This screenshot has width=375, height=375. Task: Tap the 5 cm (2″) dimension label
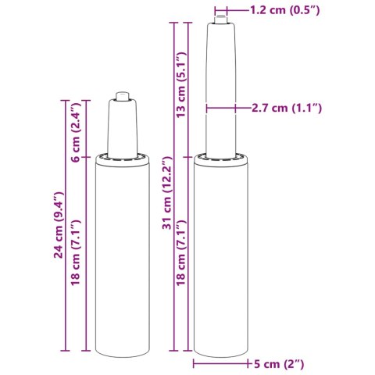[279, 364]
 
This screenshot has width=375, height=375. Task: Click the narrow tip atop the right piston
[222, 17]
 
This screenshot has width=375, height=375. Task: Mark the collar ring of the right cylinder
[222, 160]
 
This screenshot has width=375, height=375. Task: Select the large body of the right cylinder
[222, 258]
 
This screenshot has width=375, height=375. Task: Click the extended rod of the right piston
[222, 86]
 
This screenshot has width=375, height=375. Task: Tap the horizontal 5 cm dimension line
[223, 364]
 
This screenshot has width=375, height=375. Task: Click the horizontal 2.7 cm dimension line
[222, 107]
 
